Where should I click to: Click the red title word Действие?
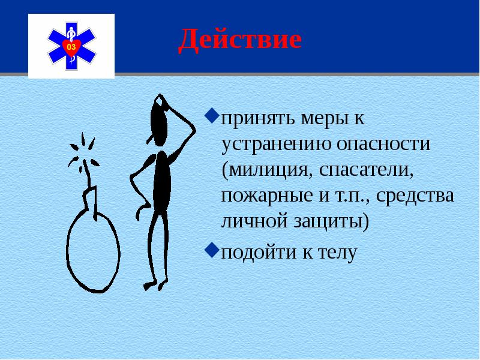click(x=239, y=40)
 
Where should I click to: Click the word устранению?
click(x=269, y=143)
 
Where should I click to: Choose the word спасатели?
click(x=367, y=169)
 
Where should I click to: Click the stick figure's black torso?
click(x=160, y=180)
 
